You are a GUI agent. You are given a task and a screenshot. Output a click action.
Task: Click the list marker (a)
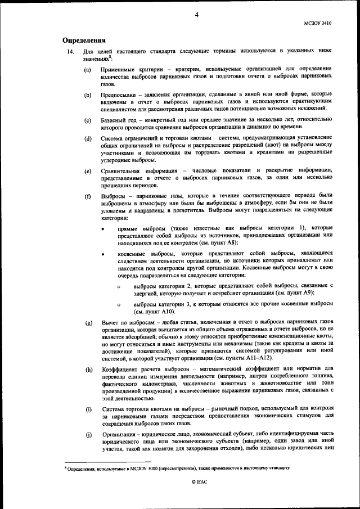(x=88, y=69)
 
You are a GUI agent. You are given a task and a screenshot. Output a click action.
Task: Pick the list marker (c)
(x=88, y=120)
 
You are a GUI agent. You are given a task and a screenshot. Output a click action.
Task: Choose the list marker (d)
(x=88, y=138)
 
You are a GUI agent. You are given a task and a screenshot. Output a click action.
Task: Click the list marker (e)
(x=88, y=170)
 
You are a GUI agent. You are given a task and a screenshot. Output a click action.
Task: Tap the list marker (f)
(x=88, y=196)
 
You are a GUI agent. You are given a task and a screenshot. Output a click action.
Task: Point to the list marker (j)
(x=88, y=434)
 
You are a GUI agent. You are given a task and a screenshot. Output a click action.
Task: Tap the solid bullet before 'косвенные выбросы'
(x=103, y=254)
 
